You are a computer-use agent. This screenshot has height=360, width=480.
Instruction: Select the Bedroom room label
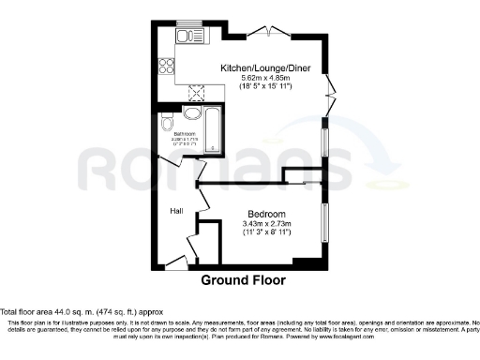tap(268, 214)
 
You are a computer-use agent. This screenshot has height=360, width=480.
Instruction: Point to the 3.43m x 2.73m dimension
tap(268, 224)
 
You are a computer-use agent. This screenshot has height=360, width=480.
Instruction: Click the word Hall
tap(176, 212)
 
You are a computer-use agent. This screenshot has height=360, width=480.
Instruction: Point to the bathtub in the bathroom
tap(212, 129)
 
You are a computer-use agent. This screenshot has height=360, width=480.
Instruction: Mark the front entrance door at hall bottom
tap(175, 266)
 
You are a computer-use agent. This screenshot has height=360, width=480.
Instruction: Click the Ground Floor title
tap(243, 280)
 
